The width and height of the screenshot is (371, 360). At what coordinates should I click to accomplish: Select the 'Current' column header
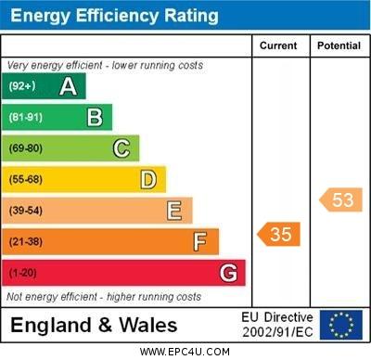click(278, 45)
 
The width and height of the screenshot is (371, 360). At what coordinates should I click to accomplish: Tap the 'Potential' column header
click(339, 45)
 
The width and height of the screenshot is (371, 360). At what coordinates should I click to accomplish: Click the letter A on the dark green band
click(68, 86)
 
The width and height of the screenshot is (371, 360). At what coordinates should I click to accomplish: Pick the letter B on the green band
click(95, 117)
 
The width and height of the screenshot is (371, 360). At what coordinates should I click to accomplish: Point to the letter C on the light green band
click(121, 148)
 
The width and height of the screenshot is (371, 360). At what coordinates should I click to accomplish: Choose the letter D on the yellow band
click(147, 179)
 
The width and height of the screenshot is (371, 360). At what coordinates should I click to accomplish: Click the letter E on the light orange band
click(173, 211)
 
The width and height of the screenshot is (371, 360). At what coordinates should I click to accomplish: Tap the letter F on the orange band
click(199, 242)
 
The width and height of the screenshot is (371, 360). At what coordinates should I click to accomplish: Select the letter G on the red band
click(227, 273)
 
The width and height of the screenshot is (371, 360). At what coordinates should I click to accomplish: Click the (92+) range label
click(23, 86)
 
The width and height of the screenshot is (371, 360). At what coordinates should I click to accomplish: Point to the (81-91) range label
click(26, 118)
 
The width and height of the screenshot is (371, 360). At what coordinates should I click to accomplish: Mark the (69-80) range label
click(26, 148)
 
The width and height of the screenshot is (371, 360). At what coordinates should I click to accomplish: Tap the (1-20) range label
click(23, 274)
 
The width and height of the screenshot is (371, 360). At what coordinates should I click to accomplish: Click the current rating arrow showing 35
click(279, 234)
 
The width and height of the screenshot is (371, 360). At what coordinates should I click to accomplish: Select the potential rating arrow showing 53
click(340, 199)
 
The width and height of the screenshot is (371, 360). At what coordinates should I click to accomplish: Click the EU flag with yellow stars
click(340, 325)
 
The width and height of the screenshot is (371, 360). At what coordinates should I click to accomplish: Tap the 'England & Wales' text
click(94, 326)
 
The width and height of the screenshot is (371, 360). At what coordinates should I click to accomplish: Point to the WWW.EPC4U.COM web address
click(185, 352)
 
